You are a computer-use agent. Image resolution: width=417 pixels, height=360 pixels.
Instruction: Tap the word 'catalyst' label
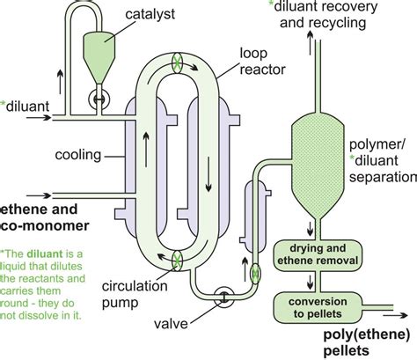pos(150,15)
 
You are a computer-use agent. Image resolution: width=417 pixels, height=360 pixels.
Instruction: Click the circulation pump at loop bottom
pos(178,259)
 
